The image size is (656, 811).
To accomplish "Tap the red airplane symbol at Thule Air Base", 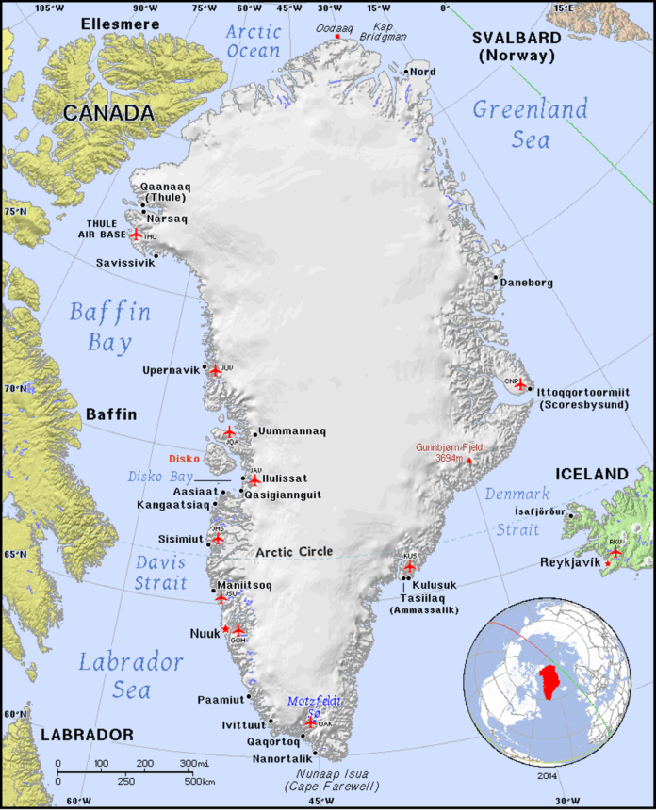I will pos(136,235).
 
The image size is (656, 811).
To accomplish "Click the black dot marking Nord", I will pos(406,72).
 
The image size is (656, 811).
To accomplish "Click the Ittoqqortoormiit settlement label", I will pos(584,390).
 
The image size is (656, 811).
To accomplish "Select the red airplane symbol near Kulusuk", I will pos(409,567).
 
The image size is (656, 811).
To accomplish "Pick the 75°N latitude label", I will pos(15,212).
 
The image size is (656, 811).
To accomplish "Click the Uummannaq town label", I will pos(293,431).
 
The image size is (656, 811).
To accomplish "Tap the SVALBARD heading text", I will pos(517,38).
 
